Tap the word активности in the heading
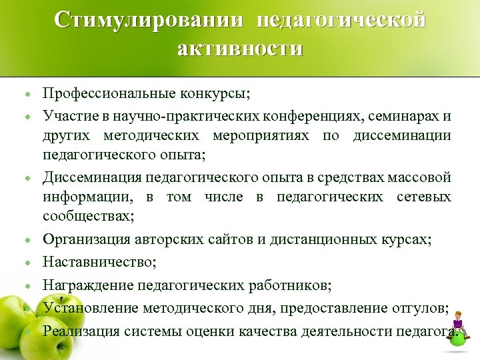(x=240, y=49)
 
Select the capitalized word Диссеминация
(x=91, y=177)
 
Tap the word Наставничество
(x=99, y=262)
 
